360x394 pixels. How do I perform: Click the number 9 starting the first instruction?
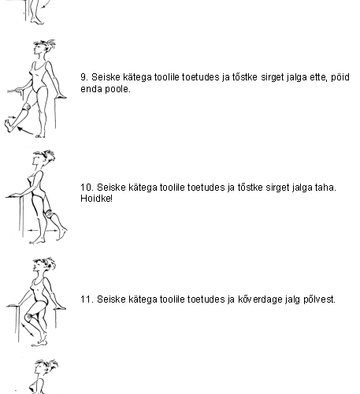[84, 77]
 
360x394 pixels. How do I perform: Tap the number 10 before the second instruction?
[86, 188]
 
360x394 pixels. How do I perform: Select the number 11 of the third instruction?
[86, 299]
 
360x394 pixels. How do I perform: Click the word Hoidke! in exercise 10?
[96, 199]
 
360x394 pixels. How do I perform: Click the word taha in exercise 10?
[325, 188]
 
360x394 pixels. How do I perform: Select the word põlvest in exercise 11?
[319, 299]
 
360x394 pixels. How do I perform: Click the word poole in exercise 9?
[117, 89]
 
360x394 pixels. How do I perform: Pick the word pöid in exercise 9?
[340, 77]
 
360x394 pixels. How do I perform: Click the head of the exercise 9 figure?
[43, 47]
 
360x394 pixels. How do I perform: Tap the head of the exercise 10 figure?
[43, 158]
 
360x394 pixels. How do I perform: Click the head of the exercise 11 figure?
[43, 266]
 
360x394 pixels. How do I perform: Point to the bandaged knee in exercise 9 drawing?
[27, 107]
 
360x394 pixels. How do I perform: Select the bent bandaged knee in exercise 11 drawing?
[29, 318]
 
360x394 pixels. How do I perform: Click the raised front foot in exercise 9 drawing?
[9, 125]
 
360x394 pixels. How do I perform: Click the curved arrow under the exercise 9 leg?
[25, 131]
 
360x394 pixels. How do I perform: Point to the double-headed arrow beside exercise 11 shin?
[28, 329]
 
